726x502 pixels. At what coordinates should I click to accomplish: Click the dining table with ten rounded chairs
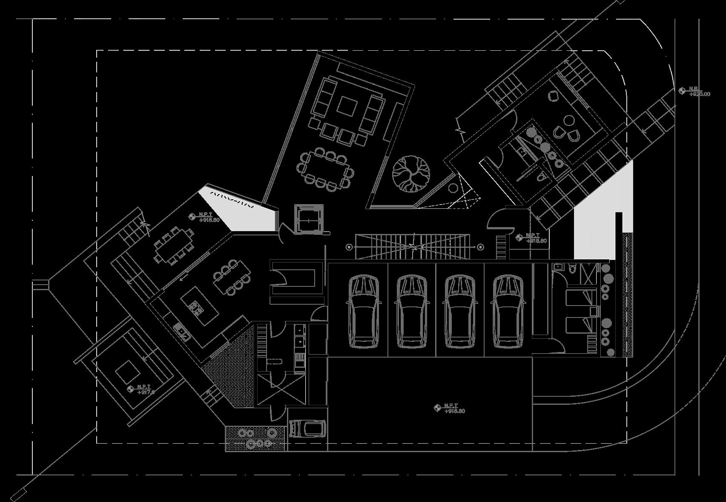pyautogui.click(x=326, y=169)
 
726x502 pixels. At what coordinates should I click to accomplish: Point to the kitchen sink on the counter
pyautogui.click(x=181, y=330)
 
